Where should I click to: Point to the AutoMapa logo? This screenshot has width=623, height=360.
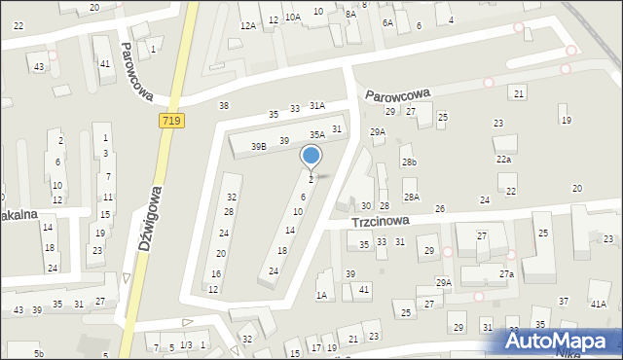[x=563, y=341]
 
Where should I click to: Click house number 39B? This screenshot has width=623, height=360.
[x=258, y=146]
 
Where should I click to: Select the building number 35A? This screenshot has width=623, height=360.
[x=317, y=135]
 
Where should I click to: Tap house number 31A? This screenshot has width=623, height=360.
[x=317, y=105]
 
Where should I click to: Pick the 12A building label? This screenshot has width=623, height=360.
[x=247, y=26]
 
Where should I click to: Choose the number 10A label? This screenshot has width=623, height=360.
[x=292, y=18]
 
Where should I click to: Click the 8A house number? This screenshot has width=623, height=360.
[x=350, y=15]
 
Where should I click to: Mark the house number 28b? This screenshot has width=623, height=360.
[x=409, y=162]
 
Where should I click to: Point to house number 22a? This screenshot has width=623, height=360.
[x=502, y=160]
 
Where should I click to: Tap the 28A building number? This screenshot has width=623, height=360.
[x=412, y=198]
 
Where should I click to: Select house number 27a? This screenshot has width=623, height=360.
[x=507, y=275]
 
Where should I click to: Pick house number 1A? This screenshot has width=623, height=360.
[x=321, y=296]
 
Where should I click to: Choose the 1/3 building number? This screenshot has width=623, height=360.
[x=186, y=345]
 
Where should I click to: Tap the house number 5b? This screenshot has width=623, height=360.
[x=39, y=353]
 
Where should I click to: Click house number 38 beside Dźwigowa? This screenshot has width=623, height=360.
[x=224, y=105]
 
